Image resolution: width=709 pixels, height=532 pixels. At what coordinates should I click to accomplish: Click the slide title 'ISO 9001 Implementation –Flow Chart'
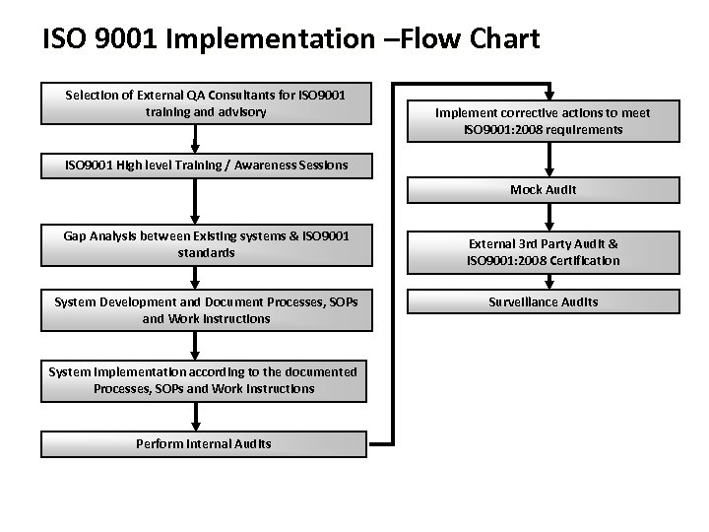pyautogui.click(x=291, y=38)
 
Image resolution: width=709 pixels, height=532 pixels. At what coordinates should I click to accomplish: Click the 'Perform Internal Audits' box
pyautogui.click(x=204, y=443)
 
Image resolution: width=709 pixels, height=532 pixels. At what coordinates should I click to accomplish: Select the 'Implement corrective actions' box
pyautogui.click(x=543, y=120)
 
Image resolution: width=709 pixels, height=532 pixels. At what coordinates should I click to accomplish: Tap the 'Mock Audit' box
pyautogui.click(x=543, y=189)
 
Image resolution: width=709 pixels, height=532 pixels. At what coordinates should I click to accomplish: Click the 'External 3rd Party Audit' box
pyautogui.click(x=543, y=251)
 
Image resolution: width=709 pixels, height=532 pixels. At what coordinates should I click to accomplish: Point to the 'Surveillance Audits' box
pyautogui.click(x=543, y=301)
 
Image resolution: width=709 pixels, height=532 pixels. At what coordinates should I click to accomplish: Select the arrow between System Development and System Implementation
pyautogui.click(x=195, y=344)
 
